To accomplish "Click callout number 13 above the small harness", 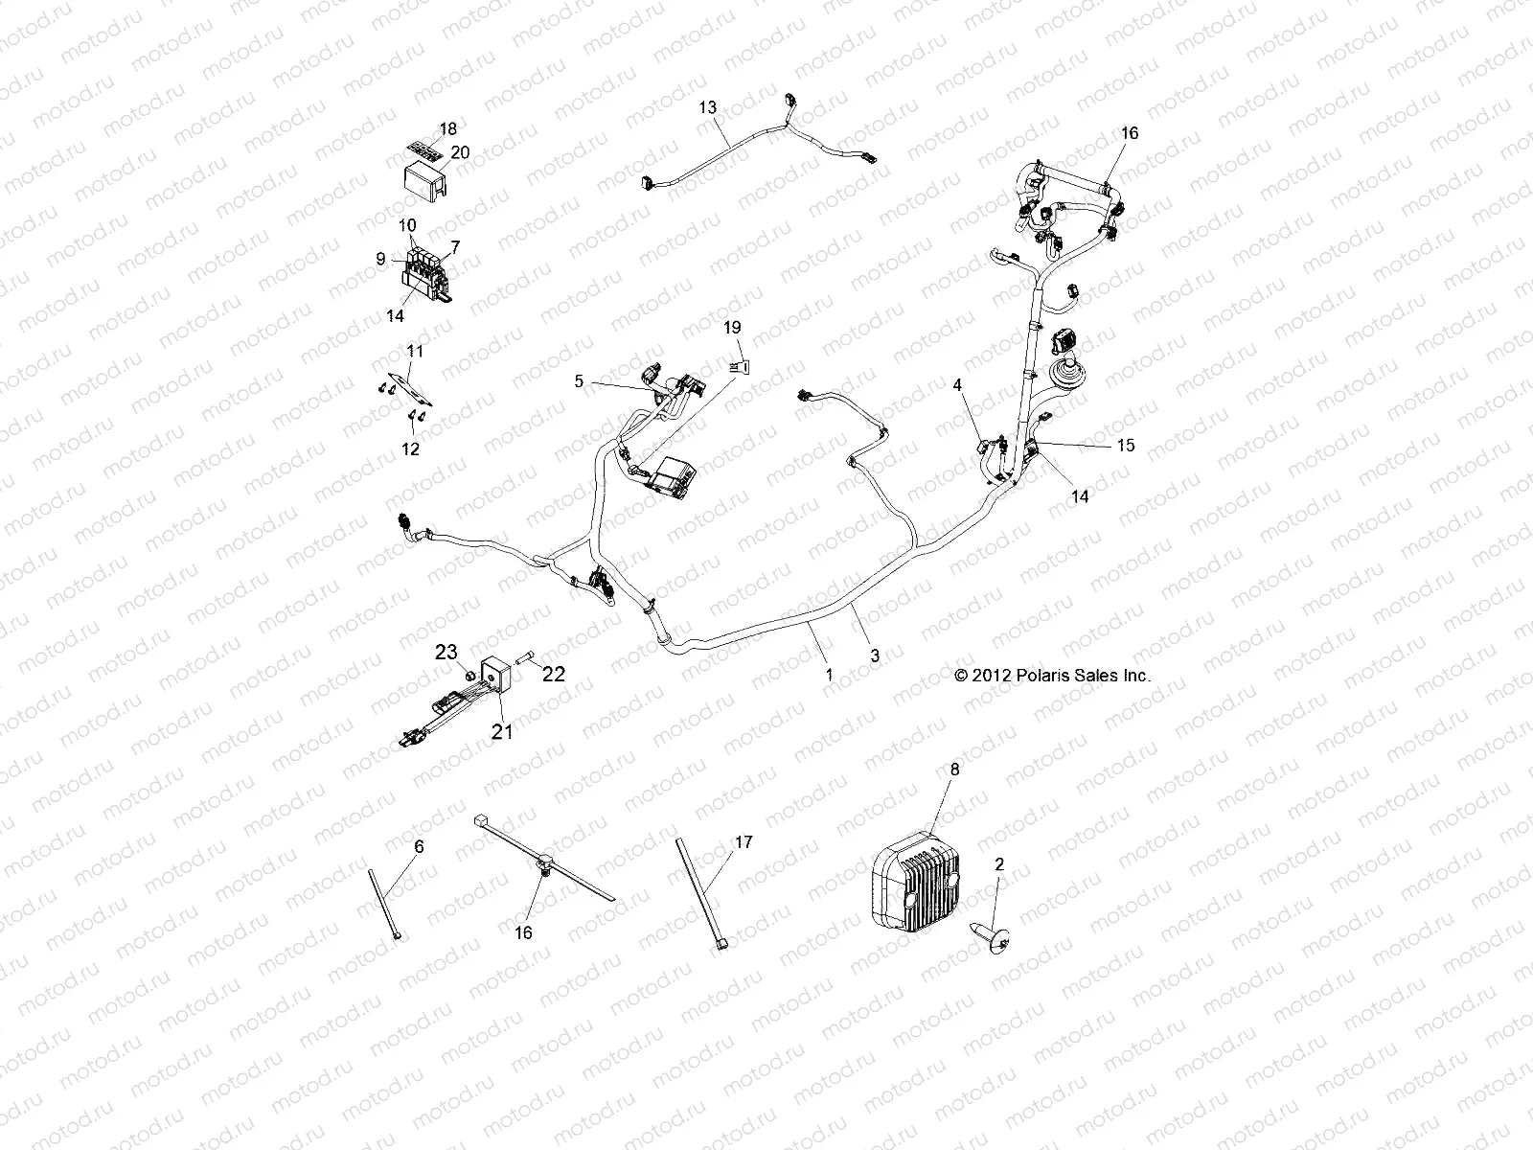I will click(x=707, y=108).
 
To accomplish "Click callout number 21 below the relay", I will click(x=502, y=732).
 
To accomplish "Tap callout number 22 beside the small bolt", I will click(x=554, y=674).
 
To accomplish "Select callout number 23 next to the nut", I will click(x=447, y=652).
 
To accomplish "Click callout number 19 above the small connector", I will click(x=732, y=328).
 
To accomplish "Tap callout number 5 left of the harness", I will click(x=579, y=380).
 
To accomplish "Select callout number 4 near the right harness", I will click(x=956, y=385).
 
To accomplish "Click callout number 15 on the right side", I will click(x=1125, y=446).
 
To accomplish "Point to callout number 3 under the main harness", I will click(x=874, y=656).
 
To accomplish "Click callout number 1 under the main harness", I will click(x=829, y=674).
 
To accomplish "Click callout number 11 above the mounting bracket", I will click(x=415, y=351).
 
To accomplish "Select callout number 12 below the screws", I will click(x=410, y=448).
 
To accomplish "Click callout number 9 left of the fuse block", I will click(x=380, y=259).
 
